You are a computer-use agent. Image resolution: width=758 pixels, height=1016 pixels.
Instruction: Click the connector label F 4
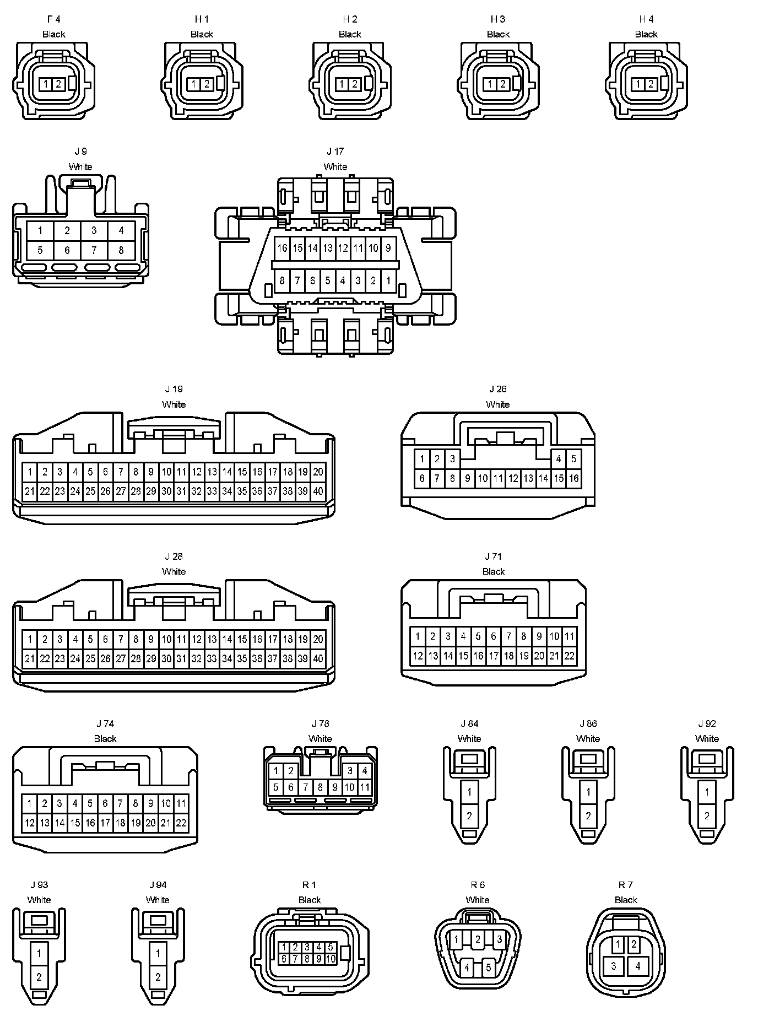53,19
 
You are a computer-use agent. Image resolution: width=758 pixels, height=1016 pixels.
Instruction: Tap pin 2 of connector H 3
503,84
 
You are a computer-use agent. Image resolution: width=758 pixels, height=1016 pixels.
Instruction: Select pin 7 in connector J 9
94,250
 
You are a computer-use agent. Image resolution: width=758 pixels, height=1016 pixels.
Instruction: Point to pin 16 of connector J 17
282,248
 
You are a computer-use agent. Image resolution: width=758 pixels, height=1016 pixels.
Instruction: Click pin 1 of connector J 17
388,280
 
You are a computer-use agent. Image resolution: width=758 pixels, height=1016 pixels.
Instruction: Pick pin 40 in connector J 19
318,491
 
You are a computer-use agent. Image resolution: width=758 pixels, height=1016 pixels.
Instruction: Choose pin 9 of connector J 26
467,478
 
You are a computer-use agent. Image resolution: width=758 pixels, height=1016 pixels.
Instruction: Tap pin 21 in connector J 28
30,658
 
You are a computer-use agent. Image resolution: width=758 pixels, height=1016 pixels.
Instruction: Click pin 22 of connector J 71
570,656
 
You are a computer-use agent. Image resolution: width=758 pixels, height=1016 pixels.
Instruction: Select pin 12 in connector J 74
30,823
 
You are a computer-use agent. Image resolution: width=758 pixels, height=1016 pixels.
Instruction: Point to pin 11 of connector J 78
364,787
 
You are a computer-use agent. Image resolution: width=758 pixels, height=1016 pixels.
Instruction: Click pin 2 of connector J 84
469,815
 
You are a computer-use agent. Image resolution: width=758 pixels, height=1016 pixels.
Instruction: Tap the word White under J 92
707,738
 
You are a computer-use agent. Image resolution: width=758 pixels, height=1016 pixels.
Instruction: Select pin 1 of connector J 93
39,953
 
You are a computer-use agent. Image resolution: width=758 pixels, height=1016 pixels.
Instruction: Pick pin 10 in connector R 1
331,959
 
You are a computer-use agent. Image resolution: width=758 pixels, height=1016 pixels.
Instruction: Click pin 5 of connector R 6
488,967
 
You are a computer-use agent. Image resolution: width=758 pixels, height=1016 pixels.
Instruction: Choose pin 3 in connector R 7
614,965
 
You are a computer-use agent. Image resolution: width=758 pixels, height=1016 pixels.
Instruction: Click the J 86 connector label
588,723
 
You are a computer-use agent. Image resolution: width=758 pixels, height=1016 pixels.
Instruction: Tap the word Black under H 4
646,34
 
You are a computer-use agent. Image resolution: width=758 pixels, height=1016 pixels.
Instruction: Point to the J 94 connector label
158,885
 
